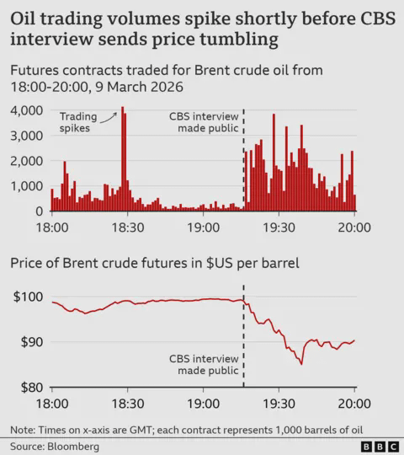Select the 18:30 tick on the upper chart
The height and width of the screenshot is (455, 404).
(x=126, y=227)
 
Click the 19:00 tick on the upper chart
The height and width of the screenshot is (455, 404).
(x=202, y=227)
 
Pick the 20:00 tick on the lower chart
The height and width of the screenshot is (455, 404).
(x=353, y=404)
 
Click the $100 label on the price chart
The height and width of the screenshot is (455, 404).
(x=29, y=297)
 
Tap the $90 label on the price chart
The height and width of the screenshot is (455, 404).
(x=32, y=342)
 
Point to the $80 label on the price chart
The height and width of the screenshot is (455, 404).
(x=32, y=388)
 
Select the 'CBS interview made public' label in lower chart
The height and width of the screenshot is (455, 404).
(x=203, y=362)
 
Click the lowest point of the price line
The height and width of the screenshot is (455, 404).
(x=301, y=364)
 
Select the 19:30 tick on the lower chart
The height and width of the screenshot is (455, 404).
(x=278, y=404)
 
